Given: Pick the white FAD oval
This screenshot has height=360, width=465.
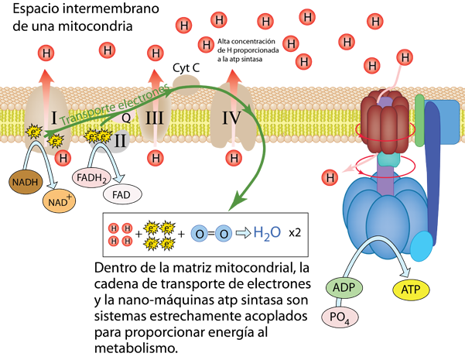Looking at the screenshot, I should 121,194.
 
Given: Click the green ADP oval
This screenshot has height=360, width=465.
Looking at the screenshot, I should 343,287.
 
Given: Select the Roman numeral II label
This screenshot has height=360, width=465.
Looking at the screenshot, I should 121,142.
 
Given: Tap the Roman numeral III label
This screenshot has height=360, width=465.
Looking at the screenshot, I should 156,118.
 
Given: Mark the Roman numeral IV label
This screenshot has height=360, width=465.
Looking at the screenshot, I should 233,118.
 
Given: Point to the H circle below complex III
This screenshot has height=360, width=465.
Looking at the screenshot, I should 156,158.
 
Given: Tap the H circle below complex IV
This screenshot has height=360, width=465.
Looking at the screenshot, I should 233,158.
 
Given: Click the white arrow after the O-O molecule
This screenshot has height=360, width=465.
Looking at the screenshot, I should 242,232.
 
